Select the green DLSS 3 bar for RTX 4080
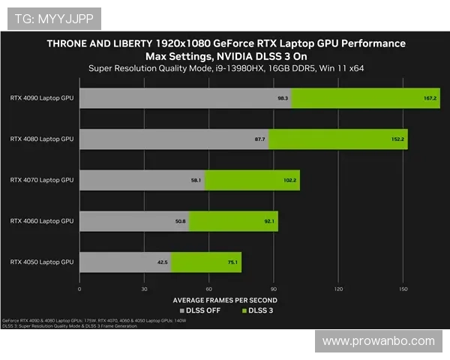(337, 139)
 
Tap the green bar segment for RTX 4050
(206, 262)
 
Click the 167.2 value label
(430, 98)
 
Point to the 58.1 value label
(196, 181)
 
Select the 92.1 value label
(269, 221)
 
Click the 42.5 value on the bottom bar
(163, 262)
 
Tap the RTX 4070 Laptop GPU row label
(42, 180)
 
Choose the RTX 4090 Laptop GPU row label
(42, 97)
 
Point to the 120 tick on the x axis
(338, 289)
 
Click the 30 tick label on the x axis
(144, 289)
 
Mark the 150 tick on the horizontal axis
(403, 289)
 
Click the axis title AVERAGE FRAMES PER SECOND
(225, 300)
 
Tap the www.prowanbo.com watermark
(378, 341)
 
